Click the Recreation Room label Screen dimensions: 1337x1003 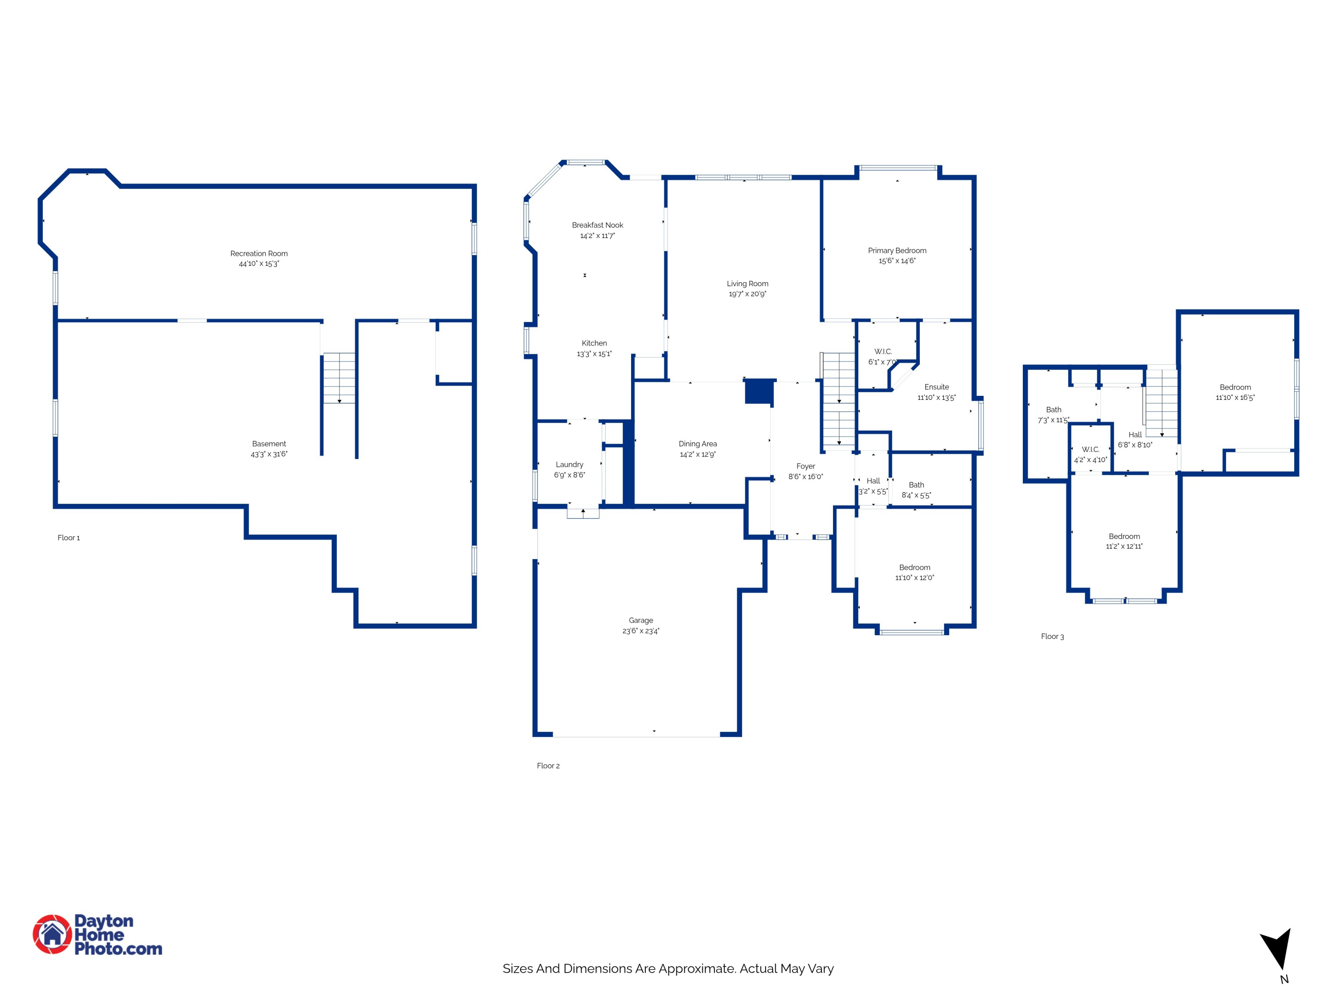click(x=258, y=253)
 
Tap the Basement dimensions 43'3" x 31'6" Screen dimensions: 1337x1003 click(x=269, y=454)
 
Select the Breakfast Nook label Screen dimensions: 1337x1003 click(x=597, y=225)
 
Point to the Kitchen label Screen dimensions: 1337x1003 click(x=594, y=343)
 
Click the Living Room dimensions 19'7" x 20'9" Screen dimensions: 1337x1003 click(x=747, y=294)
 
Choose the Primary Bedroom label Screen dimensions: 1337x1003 click(x=897, y=250)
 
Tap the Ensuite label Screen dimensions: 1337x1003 click(x=936, y=387)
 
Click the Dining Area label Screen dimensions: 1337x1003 click(x=697, y=444)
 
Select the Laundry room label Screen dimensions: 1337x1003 click(x=570, y=465)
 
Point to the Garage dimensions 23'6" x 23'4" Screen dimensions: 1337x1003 click(x=641, y=631)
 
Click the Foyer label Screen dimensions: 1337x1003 click(x=806, y=466)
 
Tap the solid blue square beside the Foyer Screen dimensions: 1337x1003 click(x=759, y=391)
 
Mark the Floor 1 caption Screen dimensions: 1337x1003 click(x=68, y=538)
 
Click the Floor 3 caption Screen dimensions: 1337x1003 click(x=1052, y=636)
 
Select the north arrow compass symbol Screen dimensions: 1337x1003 click(x=1278, y=949)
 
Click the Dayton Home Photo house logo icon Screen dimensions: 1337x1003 click(x=52, y=934)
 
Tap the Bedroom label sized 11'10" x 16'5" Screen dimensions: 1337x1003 click(x=1235, y=387)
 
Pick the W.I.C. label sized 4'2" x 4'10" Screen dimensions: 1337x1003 click(x=1091, y=449)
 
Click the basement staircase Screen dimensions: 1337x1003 click(x=339, y=378)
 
